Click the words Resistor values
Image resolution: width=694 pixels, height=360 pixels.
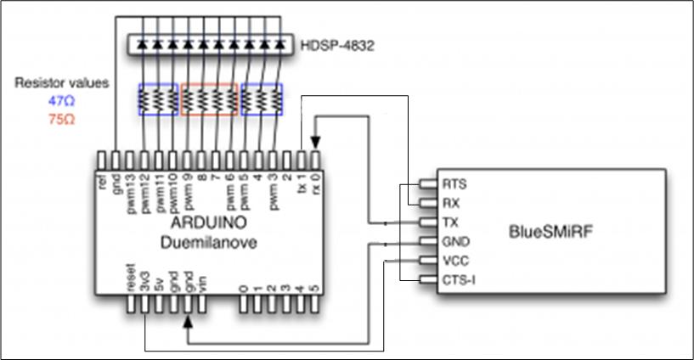pyautogui.click(x=63, y=83)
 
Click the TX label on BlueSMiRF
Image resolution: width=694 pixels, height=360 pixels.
pyautogui.click(x=450, y=222)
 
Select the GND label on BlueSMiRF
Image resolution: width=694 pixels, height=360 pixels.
pyautogui.click(x=453, y=240)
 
